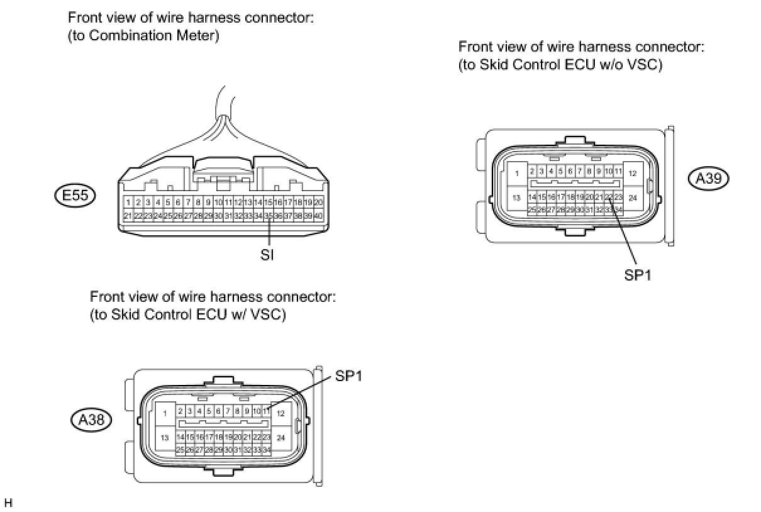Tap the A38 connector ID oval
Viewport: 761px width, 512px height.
click(x=91, y=419)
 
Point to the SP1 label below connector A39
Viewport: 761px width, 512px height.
click(x=636, y=275)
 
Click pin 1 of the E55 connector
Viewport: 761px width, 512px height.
click(x=128, y=203)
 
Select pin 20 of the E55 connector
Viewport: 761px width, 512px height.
click(x=318, y=203)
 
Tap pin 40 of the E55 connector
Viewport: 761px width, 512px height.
click(x=318, y=215)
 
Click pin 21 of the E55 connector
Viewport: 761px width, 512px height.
click(x=128, y=215)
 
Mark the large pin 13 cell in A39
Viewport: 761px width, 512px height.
click(x=517, y=198)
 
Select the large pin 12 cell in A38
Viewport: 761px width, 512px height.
click(x=281, y=413)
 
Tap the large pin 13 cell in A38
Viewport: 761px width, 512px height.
click(x=165, y=437)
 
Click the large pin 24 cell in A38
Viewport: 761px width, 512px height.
click(x=281, y=437)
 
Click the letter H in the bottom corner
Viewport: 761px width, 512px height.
click(x=8, y=503)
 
